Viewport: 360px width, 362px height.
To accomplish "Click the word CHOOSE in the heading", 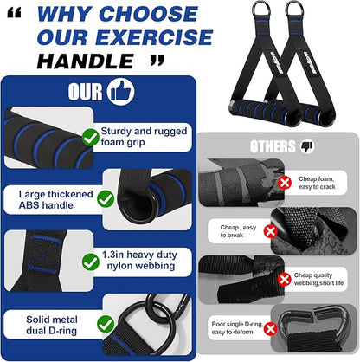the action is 148,14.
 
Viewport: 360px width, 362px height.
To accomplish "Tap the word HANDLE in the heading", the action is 85,61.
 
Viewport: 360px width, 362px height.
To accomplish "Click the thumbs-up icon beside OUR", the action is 120,91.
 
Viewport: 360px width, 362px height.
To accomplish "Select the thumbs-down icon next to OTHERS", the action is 307,146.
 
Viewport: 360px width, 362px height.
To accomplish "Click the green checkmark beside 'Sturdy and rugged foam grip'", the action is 91,137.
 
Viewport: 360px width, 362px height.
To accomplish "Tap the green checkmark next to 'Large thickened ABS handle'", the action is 106,199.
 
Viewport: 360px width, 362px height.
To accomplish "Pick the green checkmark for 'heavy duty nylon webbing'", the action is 91,262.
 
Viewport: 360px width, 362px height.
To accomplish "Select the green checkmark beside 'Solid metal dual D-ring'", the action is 106,324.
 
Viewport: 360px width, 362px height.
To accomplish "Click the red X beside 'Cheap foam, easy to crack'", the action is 285,183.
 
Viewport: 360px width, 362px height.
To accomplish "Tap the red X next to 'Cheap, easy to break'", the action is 270,231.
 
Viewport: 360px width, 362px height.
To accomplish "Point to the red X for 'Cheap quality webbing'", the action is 285,279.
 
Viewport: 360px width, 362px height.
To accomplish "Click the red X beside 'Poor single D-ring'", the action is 270,329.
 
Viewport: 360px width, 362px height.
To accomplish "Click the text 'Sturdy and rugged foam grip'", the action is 144,137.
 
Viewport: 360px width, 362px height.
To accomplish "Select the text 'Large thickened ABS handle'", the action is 56,199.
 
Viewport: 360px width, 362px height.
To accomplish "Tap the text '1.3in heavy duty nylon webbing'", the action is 139,260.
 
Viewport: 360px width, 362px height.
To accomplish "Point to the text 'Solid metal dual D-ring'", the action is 52,325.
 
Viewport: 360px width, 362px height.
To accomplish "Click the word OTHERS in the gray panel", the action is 273,146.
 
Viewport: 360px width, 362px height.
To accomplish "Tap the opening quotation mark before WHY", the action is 14,13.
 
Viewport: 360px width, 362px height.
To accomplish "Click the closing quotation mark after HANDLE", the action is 157,61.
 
